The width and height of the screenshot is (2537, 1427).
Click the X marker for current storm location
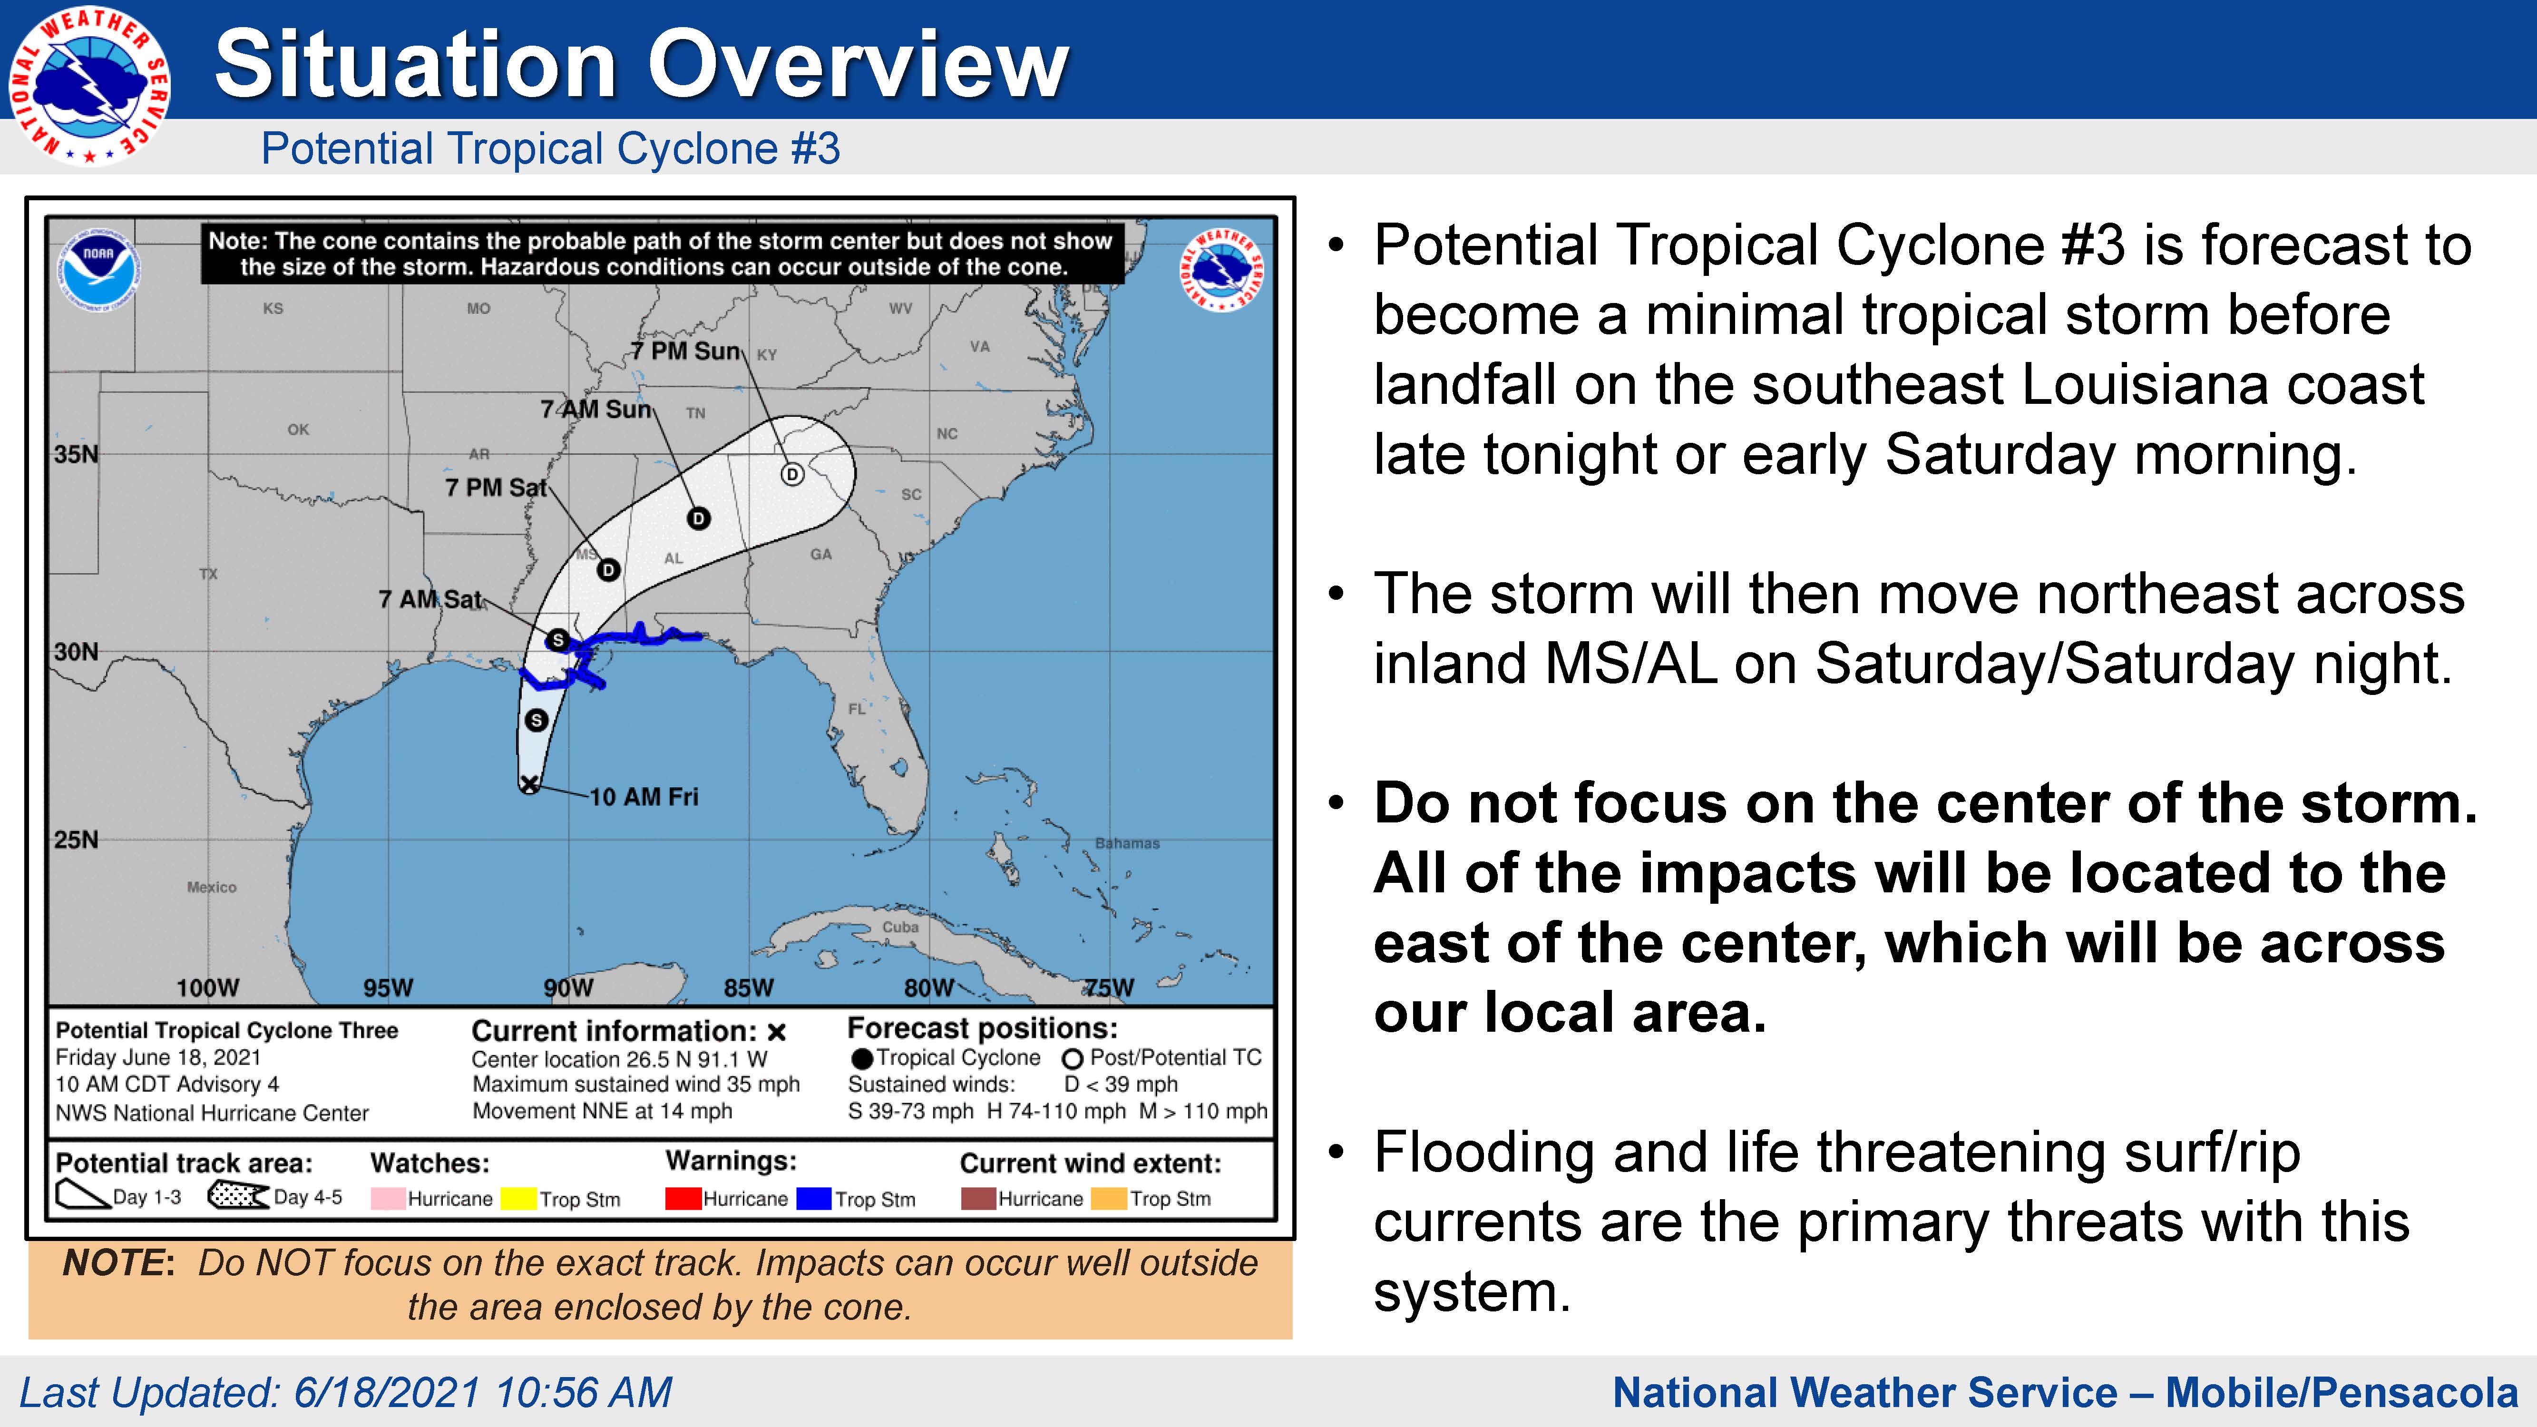530,784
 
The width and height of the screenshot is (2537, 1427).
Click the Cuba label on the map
900,927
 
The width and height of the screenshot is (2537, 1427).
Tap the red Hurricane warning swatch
683,1199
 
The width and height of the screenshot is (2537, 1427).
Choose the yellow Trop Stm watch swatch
518,1199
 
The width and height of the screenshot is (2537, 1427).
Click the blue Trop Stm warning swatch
813,1199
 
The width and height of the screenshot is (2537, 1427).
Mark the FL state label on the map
857,709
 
